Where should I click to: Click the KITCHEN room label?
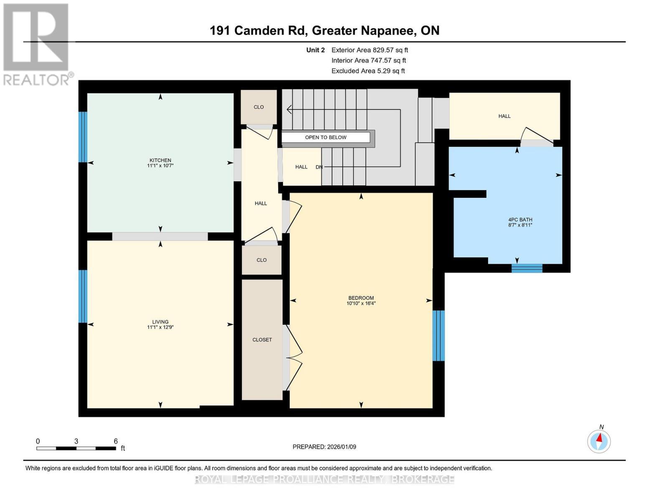click(160, 163)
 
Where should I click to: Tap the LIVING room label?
click(160, 324)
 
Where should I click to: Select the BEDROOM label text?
click(361, 301)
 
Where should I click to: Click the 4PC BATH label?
click(520, 222)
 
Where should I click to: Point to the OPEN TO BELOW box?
click(326, 137)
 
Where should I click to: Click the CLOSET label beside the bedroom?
click(262, 340)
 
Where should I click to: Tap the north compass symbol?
click(599, 441)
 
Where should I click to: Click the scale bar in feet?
click(76, 448)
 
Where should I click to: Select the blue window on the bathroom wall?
click(527, 268)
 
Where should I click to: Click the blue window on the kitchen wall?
click(83, 137)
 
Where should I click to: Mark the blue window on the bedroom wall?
click(438, 336)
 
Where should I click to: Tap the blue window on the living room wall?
click(83, 296)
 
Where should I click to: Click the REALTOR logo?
click(37, 44)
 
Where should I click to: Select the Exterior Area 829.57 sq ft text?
click(369, 50)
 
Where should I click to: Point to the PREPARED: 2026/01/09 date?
click(324, 447)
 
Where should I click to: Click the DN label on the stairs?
click(319, 167)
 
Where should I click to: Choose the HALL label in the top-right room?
click(504, 116)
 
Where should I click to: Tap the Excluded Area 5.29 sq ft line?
click(368, 71)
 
